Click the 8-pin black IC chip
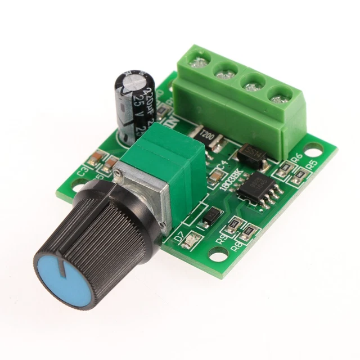coord(259,186)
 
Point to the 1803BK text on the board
coord(226,181)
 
